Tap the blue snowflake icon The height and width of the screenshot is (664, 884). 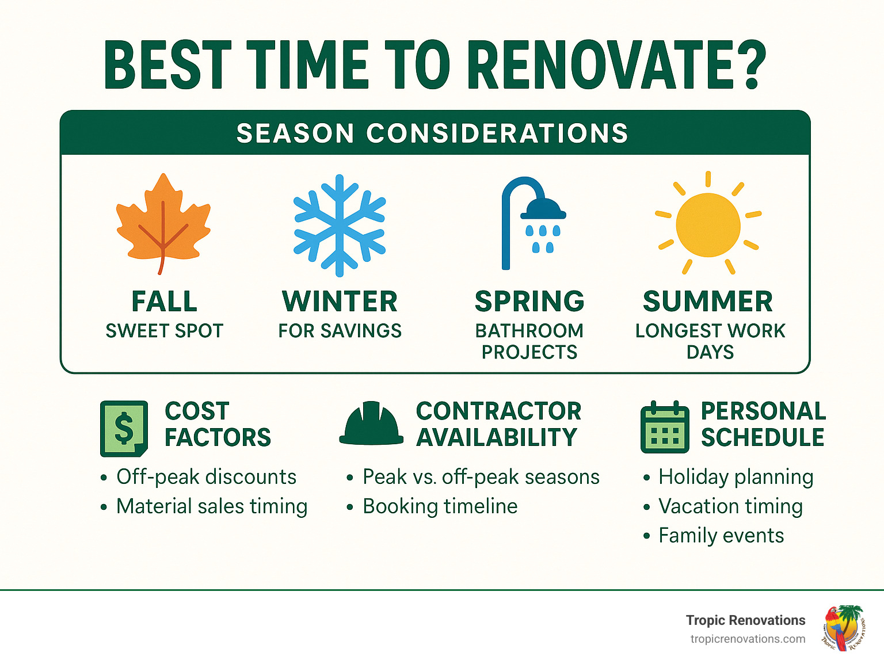pyautogui.click(x=340, y=226)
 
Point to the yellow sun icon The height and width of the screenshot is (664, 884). pyautogui.click(x=708, y=224)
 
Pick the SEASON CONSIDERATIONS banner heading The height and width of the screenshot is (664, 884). pyautogui.click(x=432, y=133)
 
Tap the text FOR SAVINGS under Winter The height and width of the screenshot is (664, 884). pyautogui.click(x=340, y=331)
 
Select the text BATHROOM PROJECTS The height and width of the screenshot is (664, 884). pyautogui.click(x=529, y=341)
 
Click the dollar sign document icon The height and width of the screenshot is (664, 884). pyautogui.click(x=124, y=429)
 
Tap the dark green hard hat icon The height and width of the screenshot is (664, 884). pyautogui.click(x=371, y=423)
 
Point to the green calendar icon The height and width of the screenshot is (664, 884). pyautogui.click(x=665, y=428)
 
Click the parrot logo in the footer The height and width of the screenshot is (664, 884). pyautogui.click(x=843, y=628)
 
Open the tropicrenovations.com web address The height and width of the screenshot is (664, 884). pyautogui.click(x=748, y=639)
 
